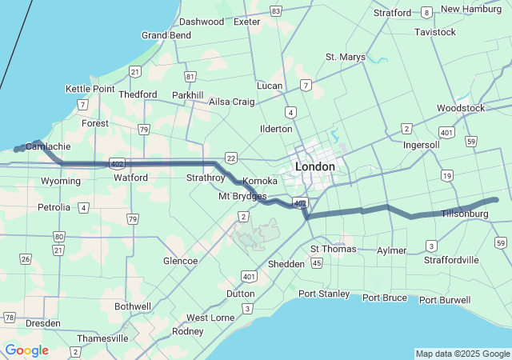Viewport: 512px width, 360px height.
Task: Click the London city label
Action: [314, 166]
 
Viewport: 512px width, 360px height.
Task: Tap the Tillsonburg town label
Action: [464, 214]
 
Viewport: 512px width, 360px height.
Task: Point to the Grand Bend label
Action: [166, 35]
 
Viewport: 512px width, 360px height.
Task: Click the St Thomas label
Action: [333, 249]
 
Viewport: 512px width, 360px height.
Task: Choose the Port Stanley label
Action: [324, 294]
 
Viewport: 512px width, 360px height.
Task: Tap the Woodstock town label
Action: [461, 108]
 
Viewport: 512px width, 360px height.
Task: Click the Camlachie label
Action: [48, 146]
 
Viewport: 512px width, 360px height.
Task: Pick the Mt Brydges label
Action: [242, 196]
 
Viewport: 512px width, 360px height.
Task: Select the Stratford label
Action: [392, 13]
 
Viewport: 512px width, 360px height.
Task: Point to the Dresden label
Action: [43, 323]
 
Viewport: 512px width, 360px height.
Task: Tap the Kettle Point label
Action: [90, 89]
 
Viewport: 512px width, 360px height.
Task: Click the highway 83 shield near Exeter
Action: [276, 10]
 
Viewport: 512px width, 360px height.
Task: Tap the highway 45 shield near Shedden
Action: [318, 262]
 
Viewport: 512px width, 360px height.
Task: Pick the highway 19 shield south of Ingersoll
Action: [446, 175]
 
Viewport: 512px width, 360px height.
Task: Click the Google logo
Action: [26, 350]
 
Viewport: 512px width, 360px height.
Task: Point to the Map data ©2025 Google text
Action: [462, 354]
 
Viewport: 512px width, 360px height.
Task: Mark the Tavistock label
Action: [435, 32]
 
